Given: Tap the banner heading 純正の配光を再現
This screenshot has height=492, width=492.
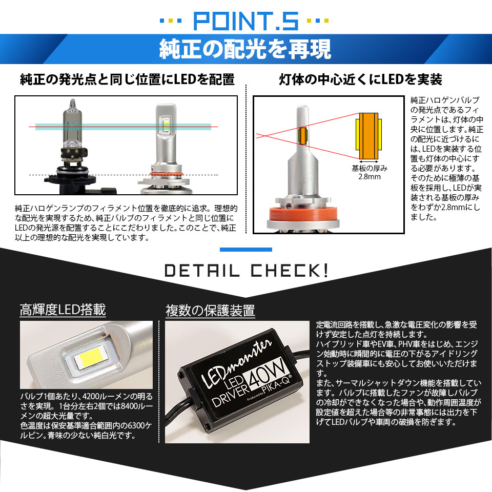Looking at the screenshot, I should (x=245, y=49).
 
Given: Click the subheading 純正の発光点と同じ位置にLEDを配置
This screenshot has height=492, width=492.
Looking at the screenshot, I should (x=127, y=80).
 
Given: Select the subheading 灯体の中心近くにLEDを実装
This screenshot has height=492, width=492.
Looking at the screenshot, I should (x=360, y=80).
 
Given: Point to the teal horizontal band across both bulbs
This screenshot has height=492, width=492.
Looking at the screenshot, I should (x=123, y=126).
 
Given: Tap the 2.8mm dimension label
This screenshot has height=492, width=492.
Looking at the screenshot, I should (x=369, y=177).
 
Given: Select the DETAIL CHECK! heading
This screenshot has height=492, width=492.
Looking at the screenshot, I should (x=245, y=270).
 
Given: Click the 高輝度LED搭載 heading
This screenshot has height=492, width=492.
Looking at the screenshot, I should (x=63, y=310).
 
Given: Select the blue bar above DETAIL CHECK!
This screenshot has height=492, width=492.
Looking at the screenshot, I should (x=245, y=250).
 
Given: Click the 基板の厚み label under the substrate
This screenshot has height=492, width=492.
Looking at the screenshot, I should (x=369, y=168).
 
